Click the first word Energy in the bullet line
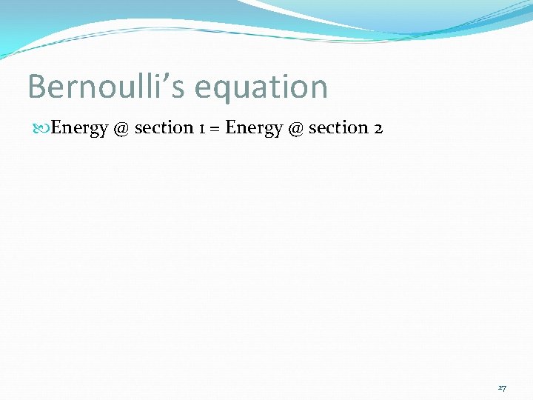(80, 128)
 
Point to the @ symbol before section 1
(121, 128)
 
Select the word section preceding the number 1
(164, 127)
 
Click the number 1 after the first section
(202, 128)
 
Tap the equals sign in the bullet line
(215, 128)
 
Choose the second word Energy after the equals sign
(254, 128)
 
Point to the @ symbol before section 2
(295, 128)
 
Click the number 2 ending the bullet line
(378, 128)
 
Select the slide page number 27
(502, 387)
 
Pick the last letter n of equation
(318, 89)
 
